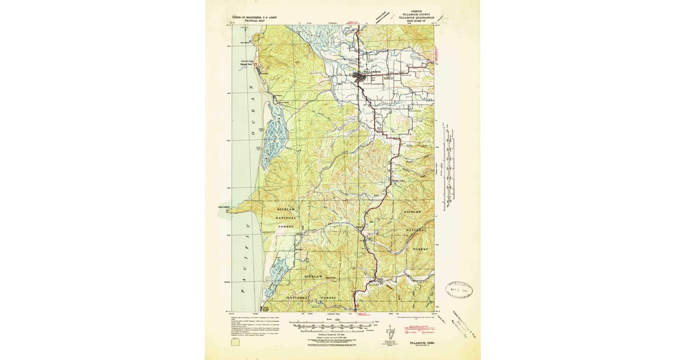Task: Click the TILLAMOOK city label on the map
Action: coord(376,72)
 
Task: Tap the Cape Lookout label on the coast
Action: coord(224,207)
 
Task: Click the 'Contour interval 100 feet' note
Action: coord(325,333)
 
